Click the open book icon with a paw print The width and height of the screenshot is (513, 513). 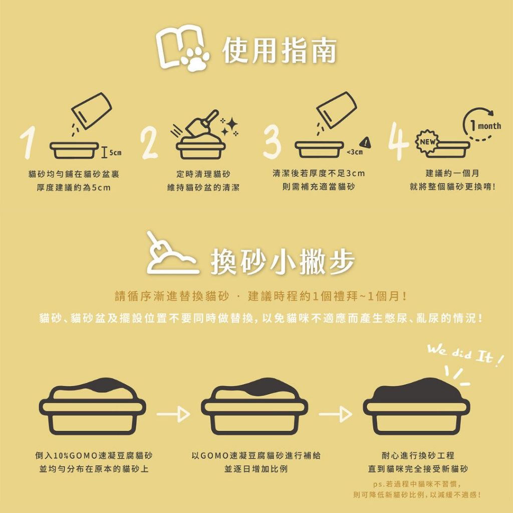point(181,48)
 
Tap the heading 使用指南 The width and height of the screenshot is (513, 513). point(280,51)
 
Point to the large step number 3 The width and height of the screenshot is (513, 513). point(272,143)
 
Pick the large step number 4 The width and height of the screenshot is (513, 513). point(398,141)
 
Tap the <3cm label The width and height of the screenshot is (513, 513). point(355,152)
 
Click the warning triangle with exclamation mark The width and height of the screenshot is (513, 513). point(365,143)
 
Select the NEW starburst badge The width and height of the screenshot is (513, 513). point(427,142)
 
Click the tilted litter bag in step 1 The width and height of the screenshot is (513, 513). point(92,110)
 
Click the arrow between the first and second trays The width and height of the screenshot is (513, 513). point(173,414)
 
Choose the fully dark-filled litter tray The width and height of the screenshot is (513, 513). point(416,406)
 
